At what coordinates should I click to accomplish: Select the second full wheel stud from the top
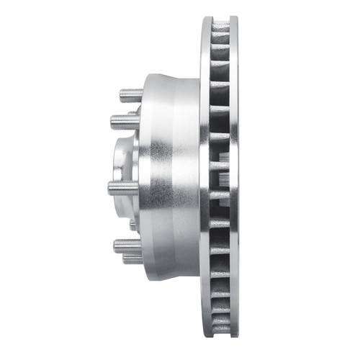click(125, 122)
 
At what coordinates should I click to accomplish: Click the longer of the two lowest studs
click(127, 246)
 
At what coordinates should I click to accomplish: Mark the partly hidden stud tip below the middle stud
click(133, 225)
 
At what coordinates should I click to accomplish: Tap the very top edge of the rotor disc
click(219, 17)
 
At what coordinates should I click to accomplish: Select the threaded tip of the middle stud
click(113, 188)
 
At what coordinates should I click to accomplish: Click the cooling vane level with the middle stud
click(220, 189)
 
